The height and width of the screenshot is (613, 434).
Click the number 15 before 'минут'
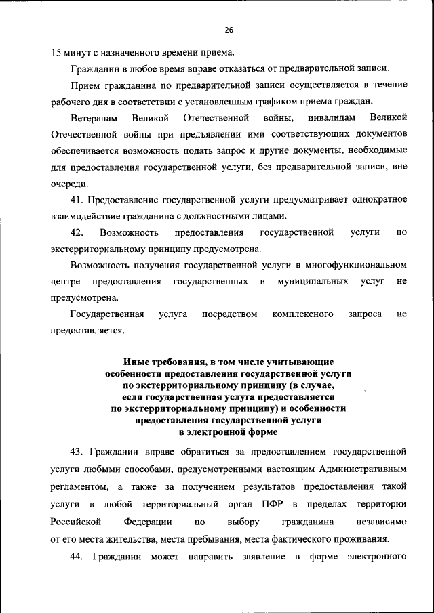pos(56,53)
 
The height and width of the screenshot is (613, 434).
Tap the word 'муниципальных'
pos(313,282)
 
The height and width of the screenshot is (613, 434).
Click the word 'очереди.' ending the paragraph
pos(68,183)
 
